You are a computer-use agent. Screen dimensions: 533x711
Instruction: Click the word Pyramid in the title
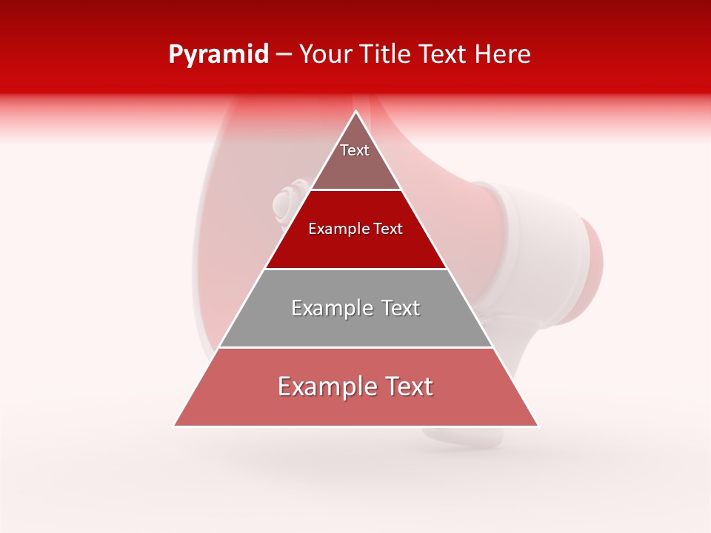218,55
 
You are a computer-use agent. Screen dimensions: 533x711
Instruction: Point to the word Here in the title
504,55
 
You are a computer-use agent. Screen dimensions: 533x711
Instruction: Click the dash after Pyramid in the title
284,55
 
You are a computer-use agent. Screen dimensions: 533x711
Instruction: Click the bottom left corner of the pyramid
175,426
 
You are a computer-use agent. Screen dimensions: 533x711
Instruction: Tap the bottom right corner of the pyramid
538,426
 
